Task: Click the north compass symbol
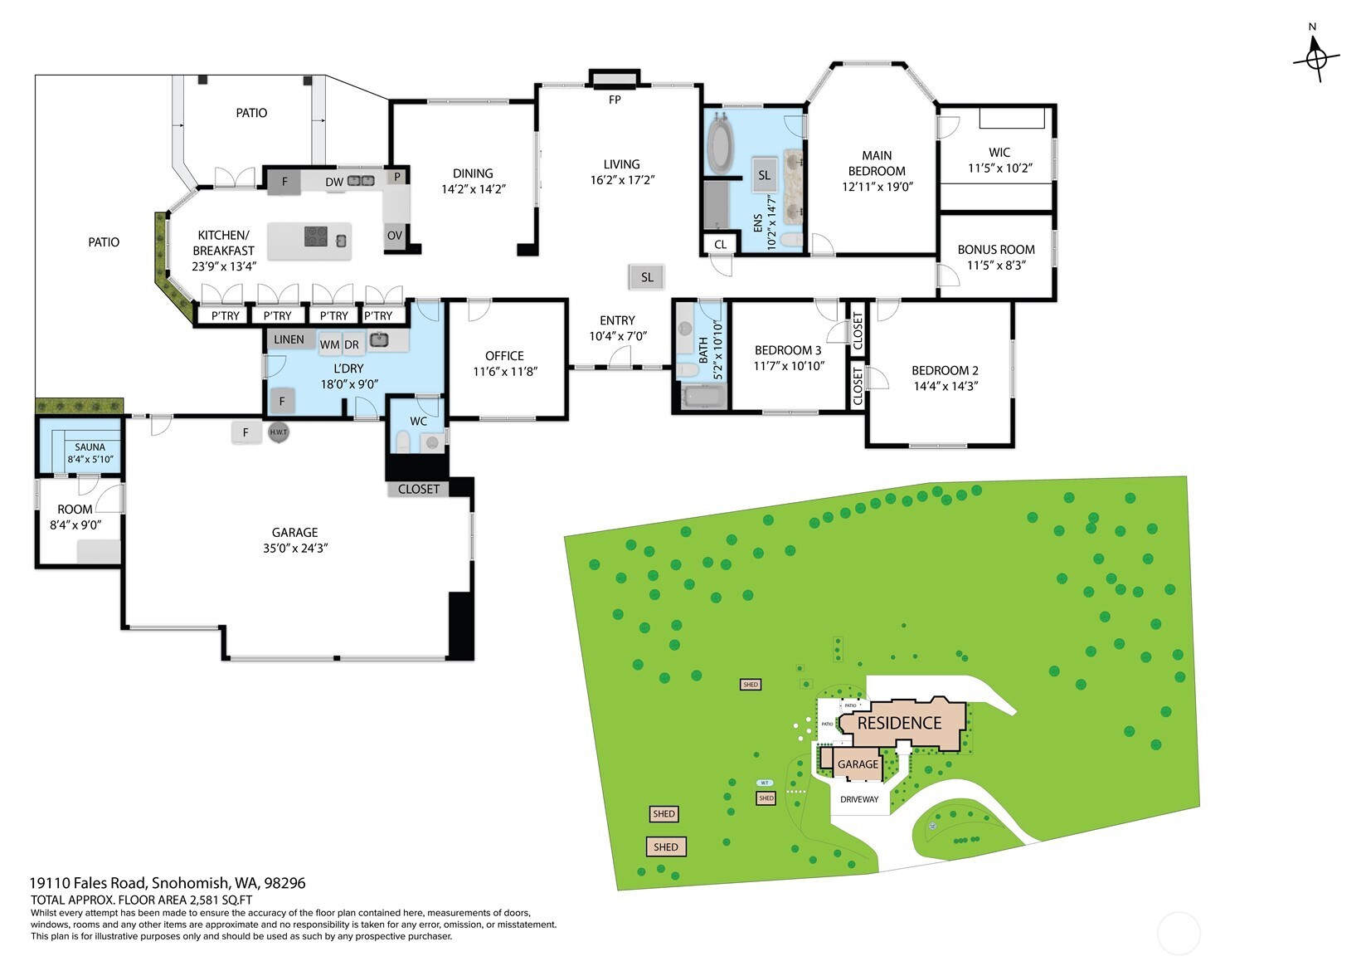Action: [1315, 59]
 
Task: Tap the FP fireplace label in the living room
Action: [615, 100]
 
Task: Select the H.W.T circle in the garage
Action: [278, 432]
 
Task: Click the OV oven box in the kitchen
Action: [395, 236]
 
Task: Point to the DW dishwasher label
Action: [333, 182]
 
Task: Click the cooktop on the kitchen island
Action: [316, 237]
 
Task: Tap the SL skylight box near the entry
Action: [647, 277]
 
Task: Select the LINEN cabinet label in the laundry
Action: [289, 339]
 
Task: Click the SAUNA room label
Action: [90, 446]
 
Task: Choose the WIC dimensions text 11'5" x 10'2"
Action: [999, 168]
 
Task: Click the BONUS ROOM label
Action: [996, 249]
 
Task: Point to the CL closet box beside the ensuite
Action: [720, 244]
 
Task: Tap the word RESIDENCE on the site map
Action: [899, 724]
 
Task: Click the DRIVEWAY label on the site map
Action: [859, 799]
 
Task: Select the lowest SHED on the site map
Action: [666, 847]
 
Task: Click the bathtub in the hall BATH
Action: [703, 396]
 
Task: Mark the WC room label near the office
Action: [419, 421]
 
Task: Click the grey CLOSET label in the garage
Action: [419, 489]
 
